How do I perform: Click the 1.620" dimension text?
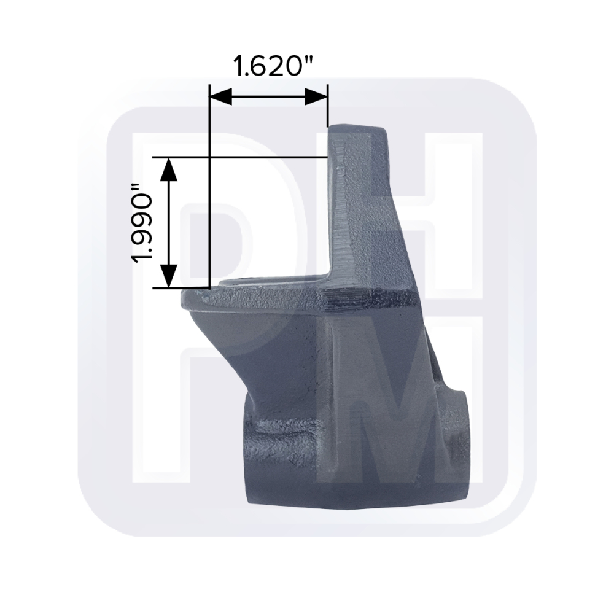pyautogui.click(x=268, y=66)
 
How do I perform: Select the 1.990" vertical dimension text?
pyautogui.click(x=142, y=222)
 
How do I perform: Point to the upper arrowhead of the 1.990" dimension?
pyautogui.click(x=168, y=169)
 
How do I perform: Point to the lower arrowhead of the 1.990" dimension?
pyautogui.click(x=168, y=275)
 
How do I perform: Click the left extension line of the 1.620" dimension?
pyautogui.click(x=210, y=184)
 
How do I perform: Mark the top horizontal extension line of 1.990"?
pyautogui.click(x=246, y=157)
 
